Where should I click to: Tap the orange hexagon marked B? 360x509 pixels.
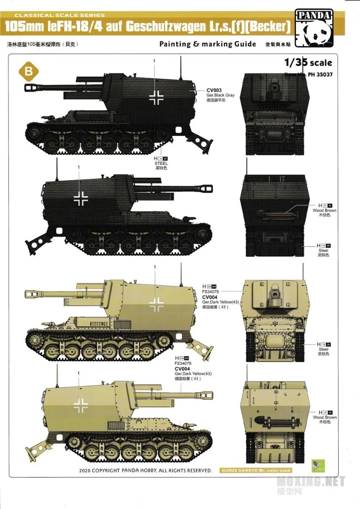pos(29,72)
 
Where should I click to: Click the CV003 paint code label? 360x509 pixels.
pos(214,90)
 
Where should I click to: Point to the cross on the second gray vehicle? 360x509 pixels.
pos(80,197)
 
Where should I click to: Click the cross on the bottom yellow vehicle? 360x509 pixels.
pos(80,405)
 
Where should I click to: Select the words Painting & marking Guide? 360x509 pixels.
pos(208,44)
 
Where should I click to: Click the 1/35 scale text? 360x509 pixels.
pos(309,63)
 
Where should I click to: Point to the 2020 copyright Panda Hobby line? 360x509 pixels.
pos(146,470)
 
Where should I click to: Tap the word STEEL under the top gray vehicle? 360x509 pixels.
pos(162,163)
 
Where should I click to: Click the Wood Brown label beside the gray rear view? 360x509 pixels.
pos(324,210)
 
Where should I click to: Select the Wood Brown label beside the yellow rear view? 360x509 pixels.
pos(324,417)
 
